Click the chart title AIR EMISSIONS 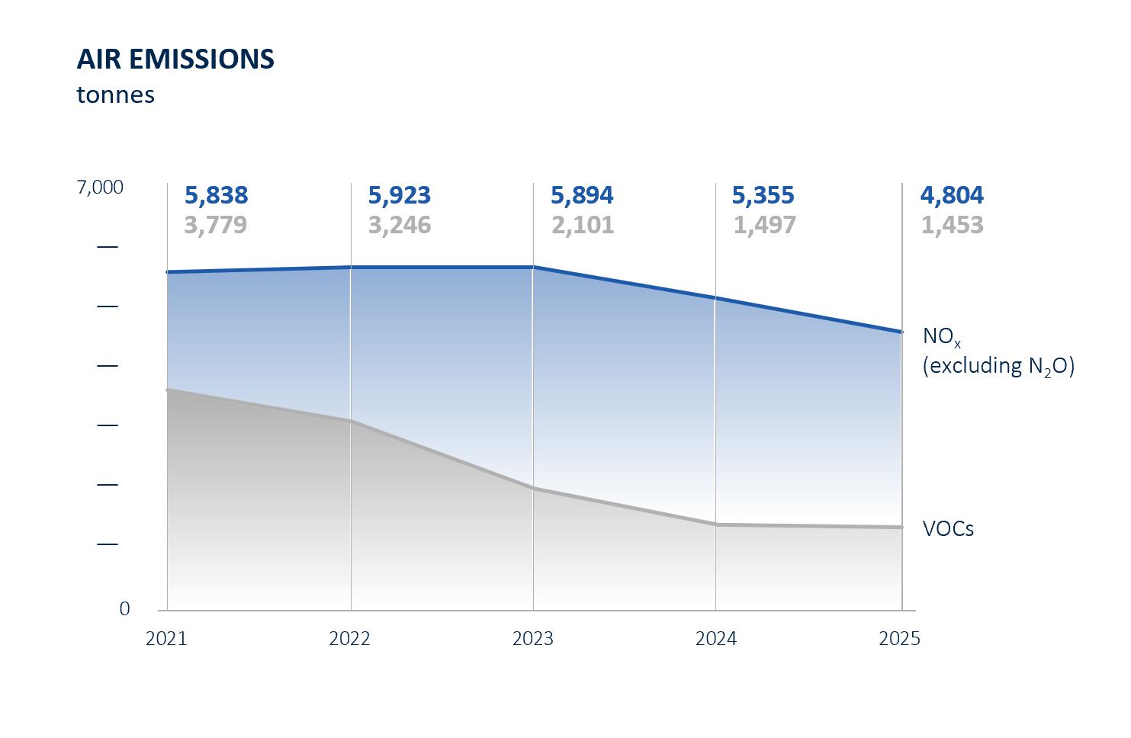coord(175,59)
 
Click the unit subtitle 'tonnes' coord(115,95)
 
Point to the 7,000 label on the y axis coord(100,188)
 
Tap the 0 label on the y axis coord(124,609)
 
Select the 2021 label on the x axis coord(166,639)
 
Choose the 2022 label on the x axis coord(349,639)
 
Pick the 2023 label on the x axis coord(532,639)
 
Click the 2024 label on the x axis coord(715,639)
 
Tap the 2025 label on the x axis coord(899,639)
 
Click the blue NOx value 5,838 coord(216,196)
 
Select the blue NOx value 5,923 coord(399,196)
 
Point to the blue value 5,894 coord(582,196)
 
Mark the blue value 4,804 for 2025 coord(952,196)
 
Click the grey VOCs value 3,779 coord(215,226)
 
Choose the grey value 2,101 coord(583,226)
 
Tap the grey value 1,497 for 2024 coord(764,226)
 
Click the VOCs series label coord(948,529)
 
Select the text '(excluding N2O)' coord(998,366)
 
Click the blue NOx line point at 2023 coord(533,267)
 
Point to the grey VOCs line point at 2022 coord(350,421)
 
